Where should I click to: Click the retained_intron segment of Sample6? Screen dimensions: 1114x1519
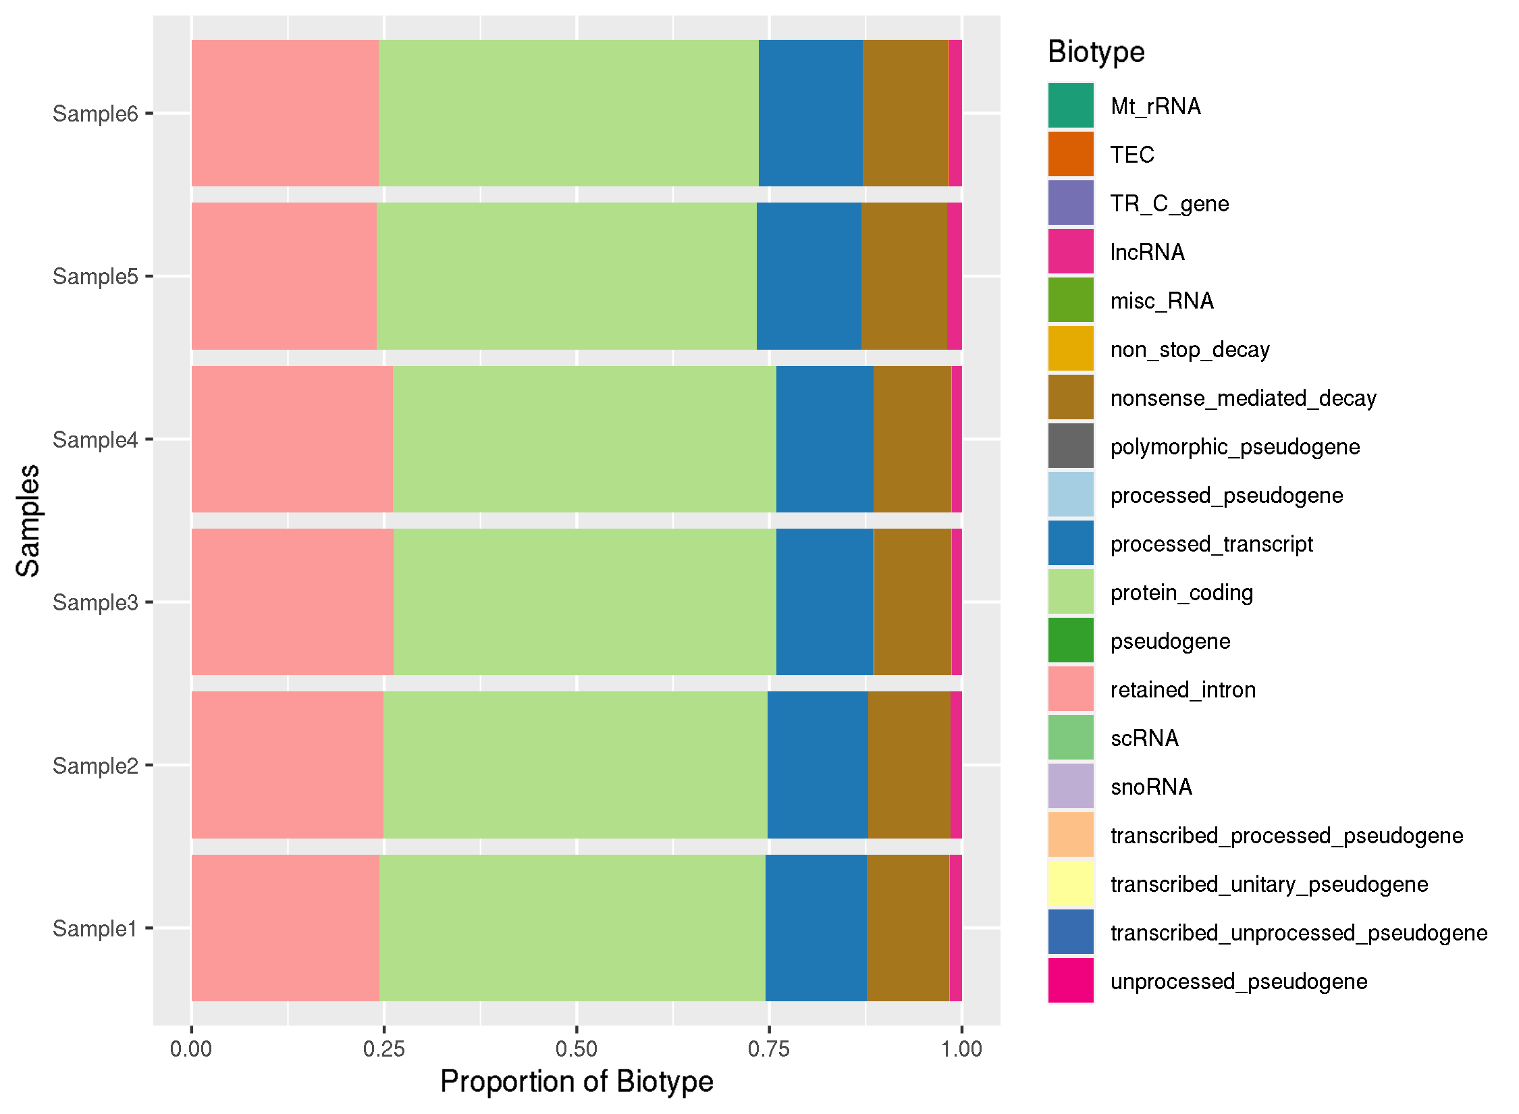point(285,113)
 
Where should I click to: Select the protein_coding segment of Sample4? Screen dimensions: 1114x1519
point(584,439)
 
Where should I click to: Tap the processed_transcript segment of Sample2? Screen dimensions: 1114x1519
point(817,764)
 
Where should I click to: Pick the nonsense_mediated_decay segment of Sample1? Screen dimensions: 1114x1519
point(907,928)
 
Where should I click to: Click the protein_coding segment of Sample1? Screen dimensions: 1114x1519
point(572,928)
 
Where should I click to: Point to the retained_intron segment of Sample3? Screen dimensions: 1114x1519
point(292,602)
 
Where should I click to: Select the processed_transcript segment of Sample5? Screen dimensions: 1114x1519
point(808,276)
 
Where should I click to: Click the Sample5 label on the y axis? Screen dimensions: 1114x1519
point(95,277)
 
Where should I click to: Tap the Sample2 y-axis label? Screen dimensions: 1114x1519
point(95,766)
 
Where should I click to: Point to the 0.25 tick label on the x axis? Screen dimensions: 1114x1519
point(383,1049)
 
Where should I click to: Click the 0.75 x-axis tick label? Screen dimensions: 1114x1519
point(769,1049)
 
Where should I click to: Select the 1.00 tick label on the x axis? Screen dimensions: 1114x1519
point(961,1049)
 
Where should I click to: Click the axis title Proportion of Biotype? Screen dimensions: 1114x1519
point(577,1082)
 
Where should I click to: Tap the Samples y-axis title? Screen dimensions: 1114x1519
point(28,521)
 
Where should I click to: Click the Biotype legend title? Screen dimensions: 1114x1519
point(1096,52)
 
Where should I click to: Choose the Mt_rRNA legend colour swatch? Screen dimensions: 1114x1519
point(1071,106)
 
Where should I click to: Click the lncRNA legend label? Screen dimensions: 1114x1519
point(1147,253)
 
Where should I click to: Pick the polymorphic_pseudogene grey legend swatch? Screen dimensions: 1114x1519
point(1071,446)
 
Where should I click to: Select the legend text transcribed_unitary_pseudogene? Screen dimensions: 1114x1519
point(1269,884)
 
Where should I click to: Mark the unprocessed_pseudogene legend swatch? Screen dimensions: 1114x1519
point(1071,981)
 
